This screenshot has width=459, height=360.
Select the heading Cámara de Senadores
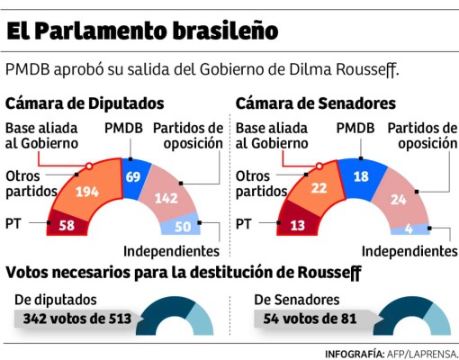click(316, 103)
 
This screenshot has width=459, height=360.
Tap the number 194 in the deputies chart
click(89, 190)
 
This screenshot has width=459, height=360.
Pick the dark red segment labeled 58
click(65, 225)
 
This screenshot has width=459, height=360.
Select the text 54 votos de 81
click(304, 319)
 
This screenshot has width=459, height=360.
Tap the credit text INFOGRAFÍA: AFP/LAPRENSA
click(391, 353)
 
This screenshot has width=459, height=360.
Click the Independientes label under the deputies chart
click(171, 251)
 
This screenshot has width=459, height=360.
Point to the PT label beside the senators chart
click(244, 224)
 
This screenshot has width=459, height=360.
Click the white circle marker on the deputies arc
click(88, 166)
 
